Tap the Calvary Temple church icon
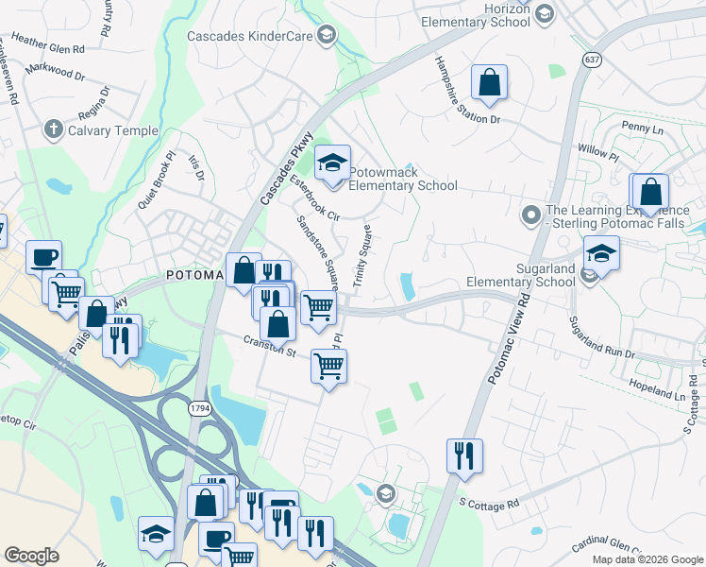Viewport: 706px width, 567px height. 54,129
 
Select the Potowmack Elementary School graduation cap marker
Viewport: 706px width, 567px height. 332,165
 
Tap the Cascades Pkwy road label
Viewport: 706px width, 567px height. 286,169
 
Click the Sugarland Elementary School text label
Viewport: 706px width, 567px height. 521,275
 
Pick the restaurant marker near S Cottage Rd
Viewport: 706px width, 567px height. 464,456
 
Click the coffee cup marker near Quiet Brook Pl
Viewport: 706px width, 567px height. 44,257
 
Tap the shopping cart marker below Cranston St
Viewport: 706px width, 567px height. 328,367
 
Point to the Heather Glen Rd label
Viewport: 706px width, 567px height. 47,44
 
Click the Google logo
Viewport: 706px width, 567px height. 32,556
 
